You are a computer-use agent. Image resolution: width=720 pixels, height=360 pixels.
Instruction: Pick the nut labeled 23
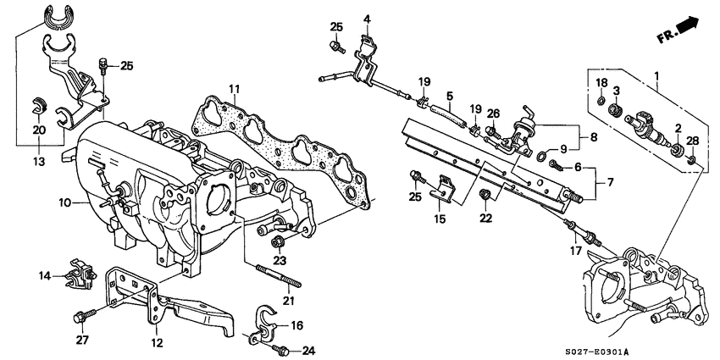(277, 243)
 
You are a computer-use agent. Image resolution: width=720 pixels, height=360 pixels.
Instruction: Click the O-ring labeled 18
(600, 104)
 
